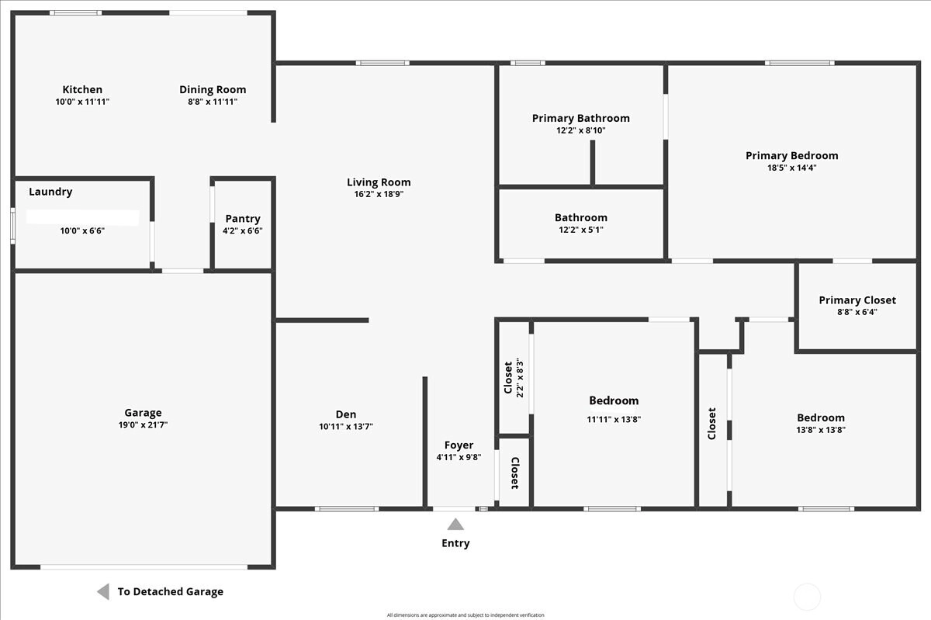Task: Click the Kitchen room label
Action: (x=82, y=89)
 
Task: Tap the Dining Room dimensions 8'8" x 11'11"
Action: (x=213, y=102)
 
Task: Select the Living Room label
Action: (x=379, y=182)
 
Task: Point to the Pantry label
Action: (x=243, y=219)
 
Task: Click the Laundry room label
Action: (x=50, y=192)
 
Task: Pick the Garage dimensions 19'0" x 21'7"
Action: (x=143, y=425)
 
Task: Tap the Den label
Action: (x=346, y=414)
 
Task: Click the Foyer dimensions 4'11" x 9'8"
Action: (x=459, y=457)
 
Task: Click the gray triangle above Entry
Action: (x=455, y=525)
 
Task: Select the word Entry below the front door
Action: (x=455, y=543)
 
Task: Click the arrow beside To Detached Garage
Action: (x=103, y=591)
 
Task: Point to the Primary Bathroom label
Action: (x=580, y=118)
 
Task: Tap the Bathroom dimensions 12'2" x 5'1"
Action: (x=580, y=230)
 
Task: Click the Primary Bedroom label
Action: (x=792, y=155)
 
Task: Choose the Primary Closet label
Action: (x=857, y=300)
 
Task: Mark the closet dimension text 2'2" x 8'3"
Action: (x=520, y=378)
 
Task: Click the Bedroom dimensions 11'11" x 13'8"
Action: (x=614, y=420)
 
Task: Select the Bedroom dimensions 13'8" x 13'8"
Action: (x=821, y=430)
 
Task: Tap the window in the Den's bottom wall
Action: (x=347, y=508)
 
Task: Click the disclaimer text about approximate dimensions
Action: (x=465, y=615)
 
